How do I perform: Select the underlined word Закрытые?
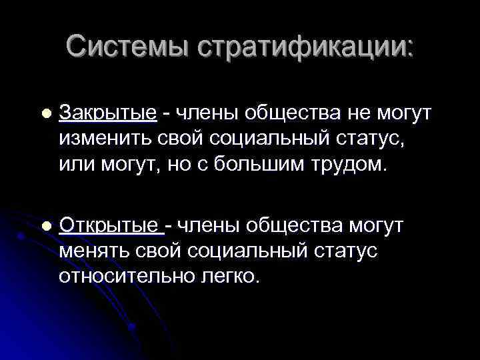coord(108,114)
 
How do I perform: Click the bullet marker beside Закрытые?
coord(45,115)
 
